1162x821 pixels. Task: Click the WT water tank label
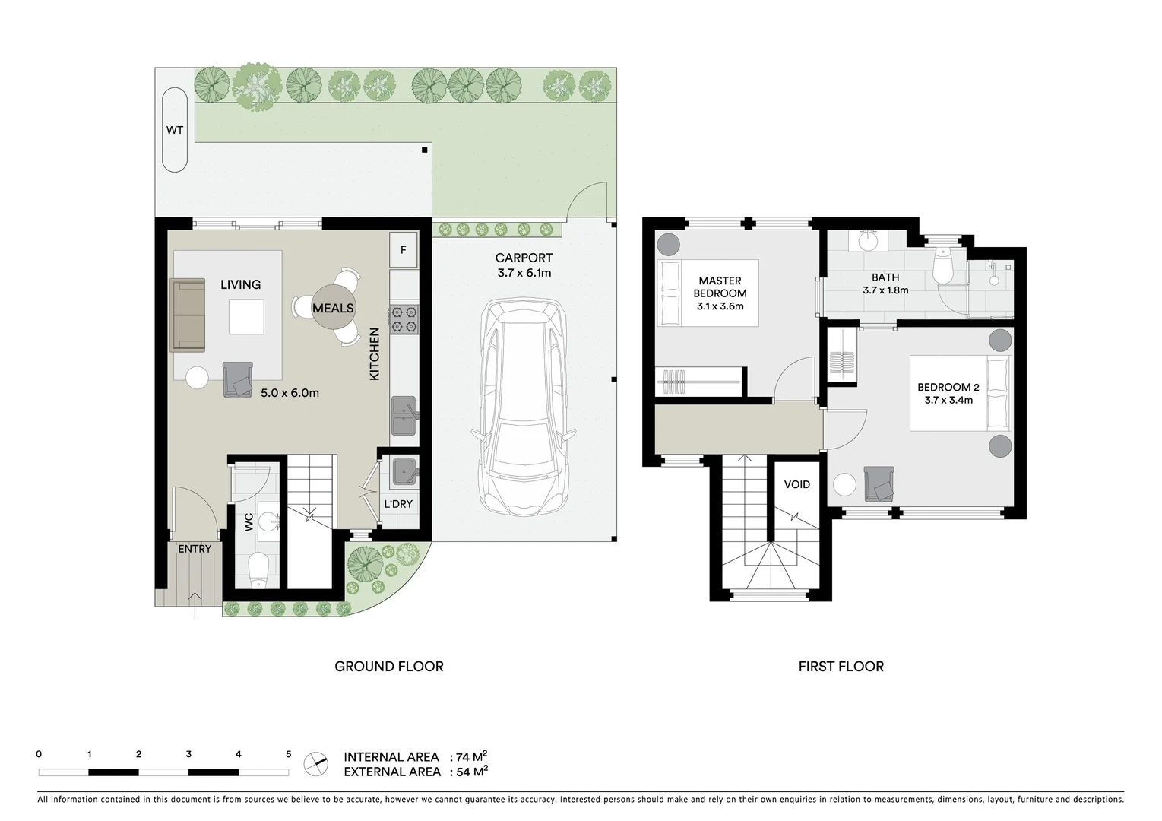coord(175,130)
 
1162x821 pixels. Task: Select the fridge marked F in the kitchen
coord(404,250)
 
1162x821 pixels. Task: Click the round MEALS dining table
coord(333,308)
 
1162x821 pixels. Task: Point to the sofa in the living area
coord(188,315)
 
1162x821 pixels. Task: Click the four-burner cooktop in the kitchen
coord(404,319)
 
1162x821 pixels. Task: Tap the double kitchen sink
coord(404,416)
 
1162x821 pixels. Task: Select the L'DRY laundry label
coord(398,504)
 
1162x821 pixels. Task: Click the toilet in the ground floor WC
coord(258,569)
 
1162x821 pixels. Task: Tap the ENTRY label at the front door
coord(195,549)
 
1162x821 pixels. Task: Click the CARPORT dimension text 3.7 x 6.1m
coord(524,273)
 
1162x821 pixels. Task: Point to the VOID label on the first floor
coord(796,484)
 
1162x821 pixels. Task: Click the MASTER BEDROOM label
coord(720,287)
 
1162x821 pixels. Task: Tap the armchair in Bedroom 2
coord(879,484)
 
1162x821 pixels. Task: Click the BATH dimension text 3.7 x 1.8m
coord(885,290)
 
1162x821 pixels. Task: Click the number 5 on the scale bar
coord(288,754)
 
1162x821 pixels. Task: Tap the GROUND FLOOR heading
coord(388,667)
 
